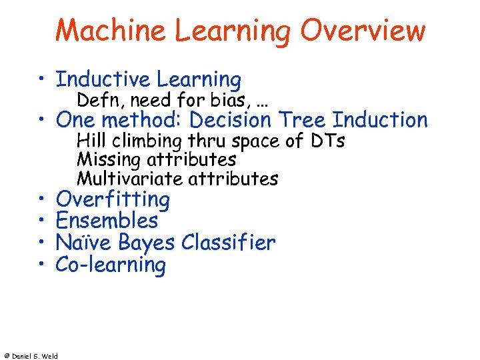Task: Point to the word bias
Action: (x=217, y=101)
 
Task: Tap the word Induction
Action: (x=380, y=121)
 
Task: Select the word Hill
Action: (x=89, y=141)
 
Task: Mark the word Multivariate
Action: (x=130, y=179)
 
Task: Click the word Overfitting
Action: (x=113, y=199)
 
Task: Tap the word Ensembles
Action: (x=107, y=221)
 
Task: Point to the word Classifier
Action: (x=227, y=243)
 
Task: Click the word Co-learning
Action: (x=111, y=265)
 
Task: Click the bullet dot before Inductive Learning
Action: (x=41, y=81)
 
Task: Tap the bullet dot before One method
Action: (x=41, y=121)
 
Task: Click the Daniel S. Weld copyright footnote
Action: (x=31, y=356)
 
